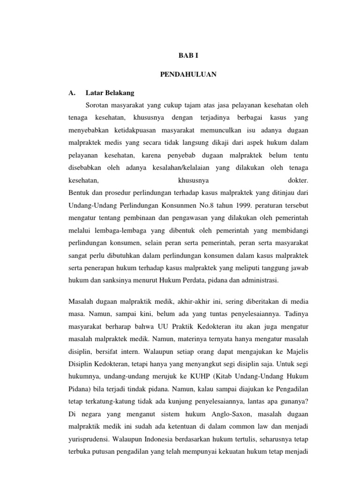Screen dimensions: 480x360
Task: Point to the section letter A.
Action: click(x=72, y=92)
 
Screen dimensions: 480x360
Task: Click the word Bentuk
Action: click(x=78, y=192)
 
